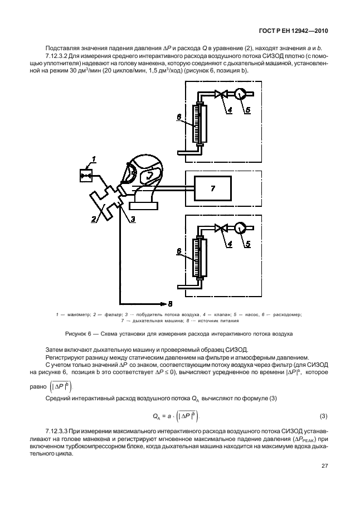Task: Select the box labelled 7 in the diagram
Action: tap(212, 189)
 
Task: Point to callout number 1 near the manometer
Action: tap(94, 160)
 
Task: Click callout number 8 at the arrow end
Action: tap(171, 303)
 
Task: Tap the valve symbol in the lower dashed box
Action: tap(222, 228)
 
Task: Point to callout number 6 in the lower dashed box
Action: tap(179, 252)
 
